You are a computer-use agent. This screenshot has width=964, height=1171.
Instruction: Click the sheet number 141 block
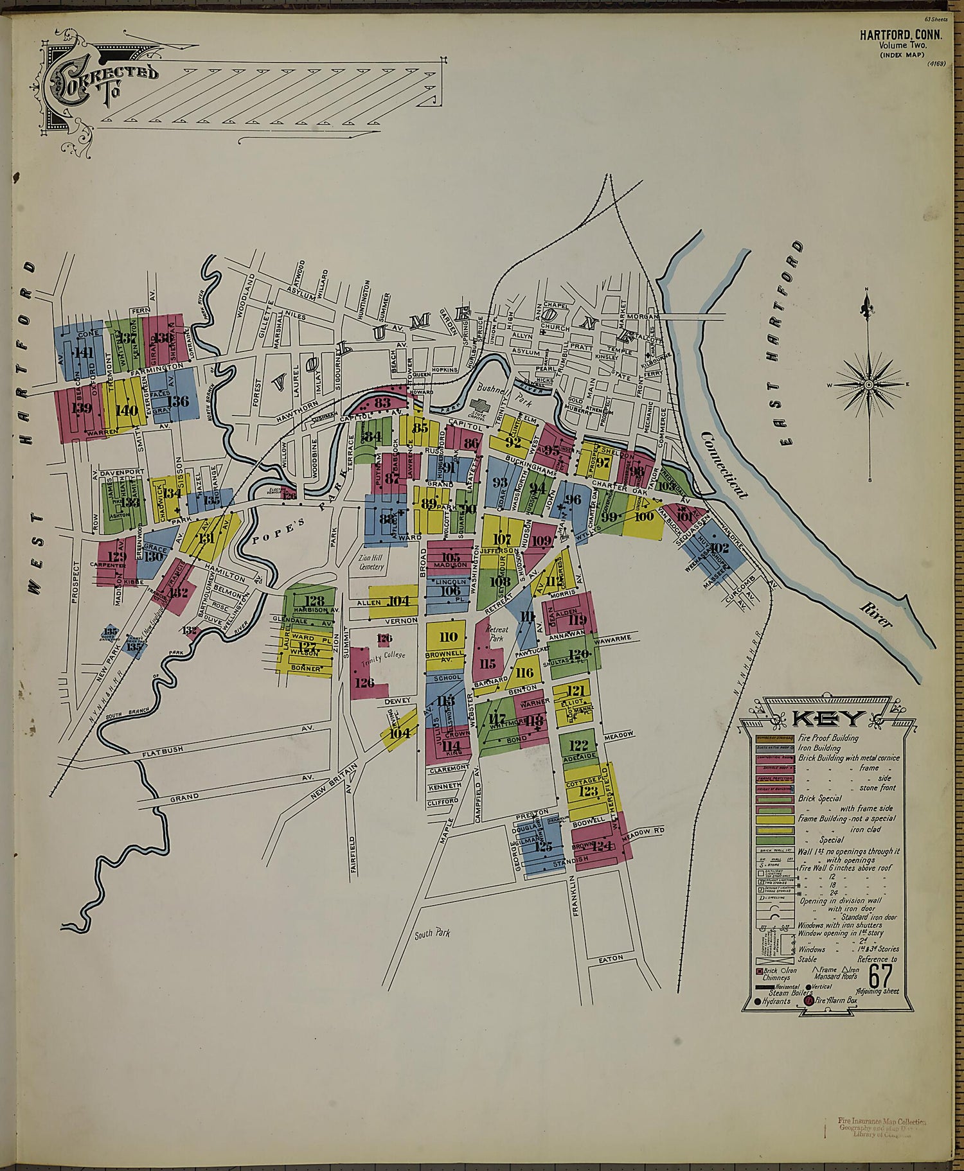pos(83,353)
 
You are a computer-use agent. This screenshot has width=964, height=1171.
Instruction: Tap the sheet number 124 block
pos(601,846)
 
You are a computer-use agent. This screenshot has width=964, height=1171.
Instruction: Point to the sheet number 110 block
pos(448,637)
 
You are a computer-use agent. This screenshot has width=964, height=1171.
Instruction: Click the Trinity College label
pos(385,656)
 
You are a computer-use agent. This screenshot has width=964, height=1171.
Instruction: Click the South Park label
pos(432,933)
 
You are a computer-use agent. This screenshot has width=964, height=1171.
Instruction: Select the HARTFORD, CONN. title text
pos(901,35)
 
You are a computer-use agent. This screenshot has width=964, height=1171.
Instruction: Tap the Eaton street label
pos(611,958)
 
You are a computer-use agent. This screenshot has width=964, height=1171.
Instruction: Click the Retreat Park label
pos(497,633)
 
